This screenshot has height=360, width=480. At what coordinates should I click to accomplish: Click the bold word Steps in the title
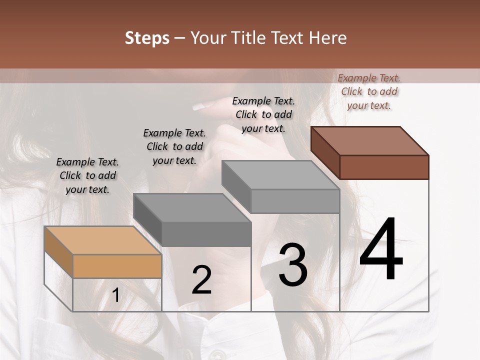coord(147,38)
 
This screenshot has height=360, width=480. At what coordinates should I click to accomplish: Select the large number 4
coord(381,249)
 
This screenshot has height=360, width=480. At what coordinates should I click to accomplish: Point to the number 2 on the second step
coord(201,280)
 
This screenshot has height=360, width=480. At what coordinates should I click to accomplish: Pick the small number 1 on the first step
coord(115,295)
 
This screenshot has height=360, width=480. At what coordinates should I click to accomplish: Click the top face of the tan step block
coord(102,240)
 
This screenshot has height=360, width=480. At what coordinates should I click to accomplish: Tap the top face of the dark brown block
coord(369,140)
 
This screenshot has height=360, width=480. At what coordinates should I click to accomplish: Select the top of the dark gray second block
coord(192,207)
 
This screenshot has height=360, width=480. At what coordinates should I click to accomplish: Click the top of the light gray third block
coord(280,174)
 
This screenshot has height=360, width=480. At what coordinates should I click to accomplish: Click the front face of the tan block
coord(117,266)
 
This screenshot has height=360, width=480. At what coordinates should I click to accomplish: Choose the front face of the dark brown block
coord(384,167)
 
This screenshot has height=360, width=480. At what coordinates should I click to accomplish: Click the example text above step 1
coord(87,175)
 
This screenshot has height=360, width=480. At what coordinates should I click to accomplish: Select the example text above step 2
coord(174,146)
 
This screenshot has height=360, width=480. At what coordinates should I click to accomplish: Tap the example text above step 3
coord(263,114)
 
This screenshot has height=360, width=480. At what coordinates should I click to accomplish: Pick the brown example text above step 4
coord(369,91)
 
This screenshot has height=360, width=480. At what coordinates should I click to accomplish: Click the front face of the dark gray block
coord(206,234)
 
